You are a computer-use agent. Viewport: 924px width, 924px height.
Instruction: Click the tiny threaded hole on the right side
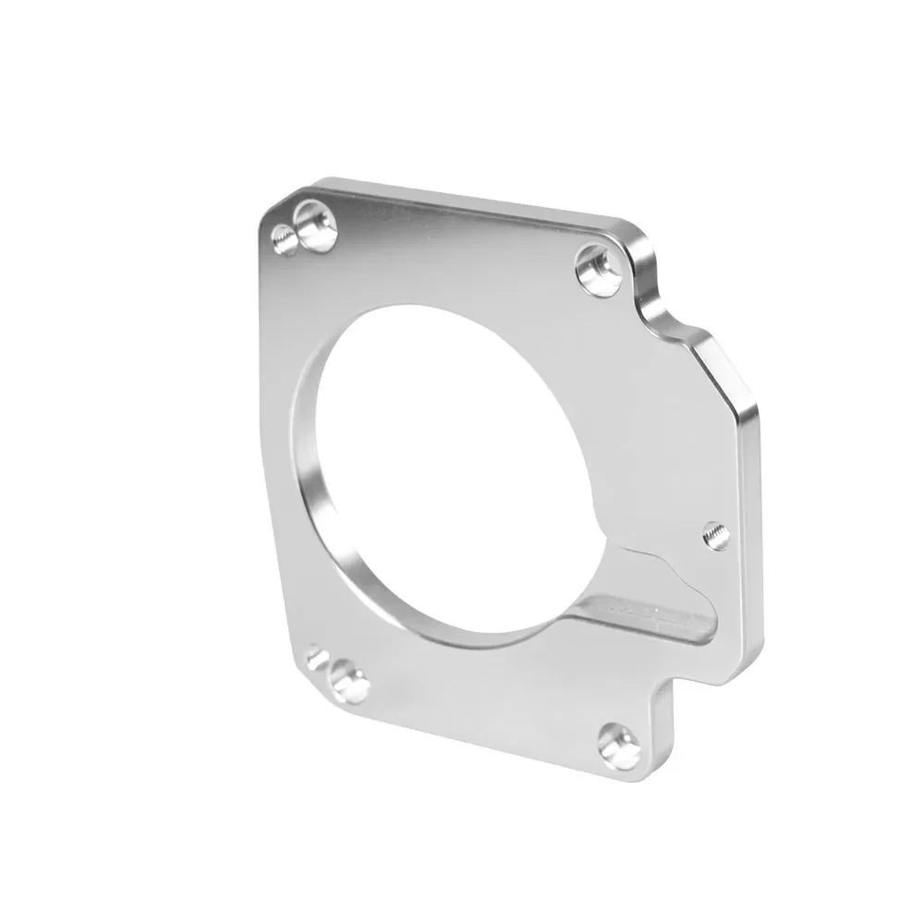tap(715, 534)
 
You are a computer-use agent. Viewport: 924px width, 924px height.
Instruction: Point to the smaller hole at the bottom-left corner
tap(317, 657)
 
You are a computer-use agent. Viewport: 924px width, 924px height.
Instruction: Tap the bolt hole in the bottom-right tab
tap(619, 745)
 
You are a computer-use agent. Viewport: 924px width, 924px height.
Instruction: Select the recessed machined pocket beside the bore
tap(647, 601)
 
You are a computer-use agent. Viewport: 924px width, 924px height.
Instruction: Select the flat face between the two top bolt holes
tap(453, 249)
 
